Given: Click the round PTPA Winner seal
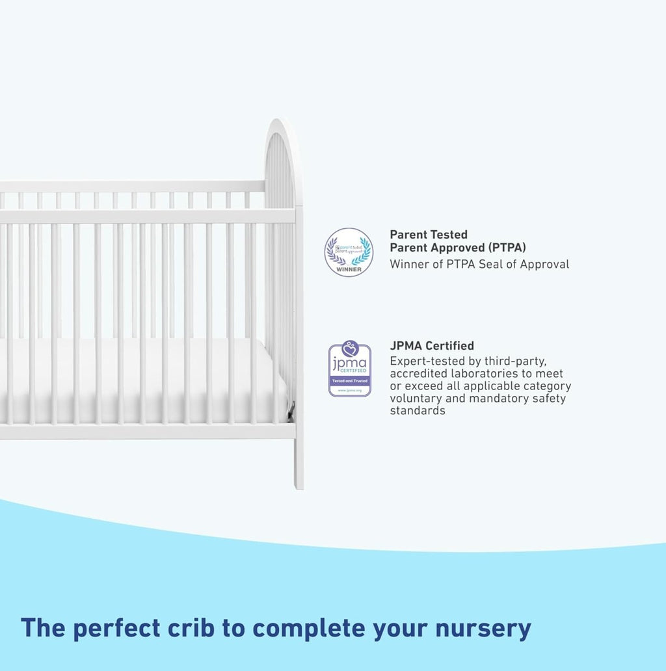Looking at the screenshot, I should point(349,252).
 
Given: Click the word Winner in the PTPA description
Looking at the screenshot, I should point(408,264).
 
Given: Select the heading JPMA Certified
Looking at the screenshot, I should point(432,346).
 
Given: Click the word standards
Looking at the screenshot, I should point(418,411).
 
